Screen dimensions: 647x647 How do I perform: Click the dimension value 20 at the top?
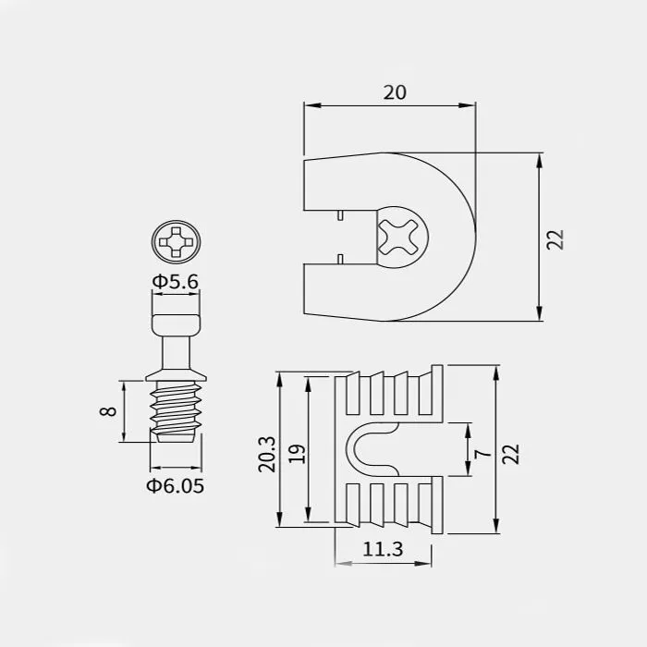click(395, 92)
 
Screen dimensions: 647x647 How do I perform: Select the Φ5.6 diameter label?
click(176, 282)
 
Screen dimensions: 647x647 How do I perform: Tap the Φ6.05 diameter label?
click(176, 485)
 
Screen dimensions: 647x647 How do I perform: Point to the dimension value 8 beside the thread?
click(108, 411)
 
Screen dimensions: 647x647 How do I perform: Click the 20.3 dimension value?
click(266, 454)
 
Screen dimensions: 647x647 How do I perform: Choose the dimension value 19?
click(297, 454)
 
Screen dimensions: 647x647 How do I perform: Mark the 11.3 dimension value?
click(383, 549)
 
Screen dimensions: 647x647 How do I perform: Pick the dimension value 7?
click(482, 454)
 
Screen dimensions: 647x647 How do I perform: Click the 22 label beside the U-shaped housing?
click(555, 239)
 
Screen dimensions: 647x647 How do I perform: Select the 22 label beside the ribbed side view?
click(510, 454)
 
